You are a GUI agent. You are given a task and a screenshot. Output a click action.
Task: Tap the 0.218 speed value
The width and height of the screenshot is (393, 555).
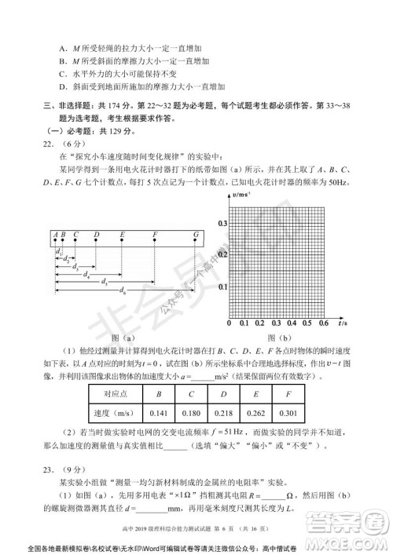coord(223,414)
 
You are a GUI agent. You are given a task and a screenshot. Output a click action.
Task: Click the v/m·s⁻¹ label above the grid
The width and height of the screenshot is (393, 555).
coord(241,194)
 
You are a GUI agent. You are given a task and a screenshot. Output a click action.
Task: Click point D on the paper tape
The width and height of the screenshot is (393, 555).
coord(96,234)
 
